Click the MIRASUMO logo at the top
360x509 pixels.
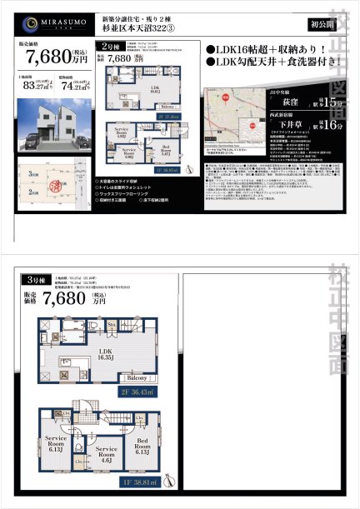[x=49, y=22]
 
